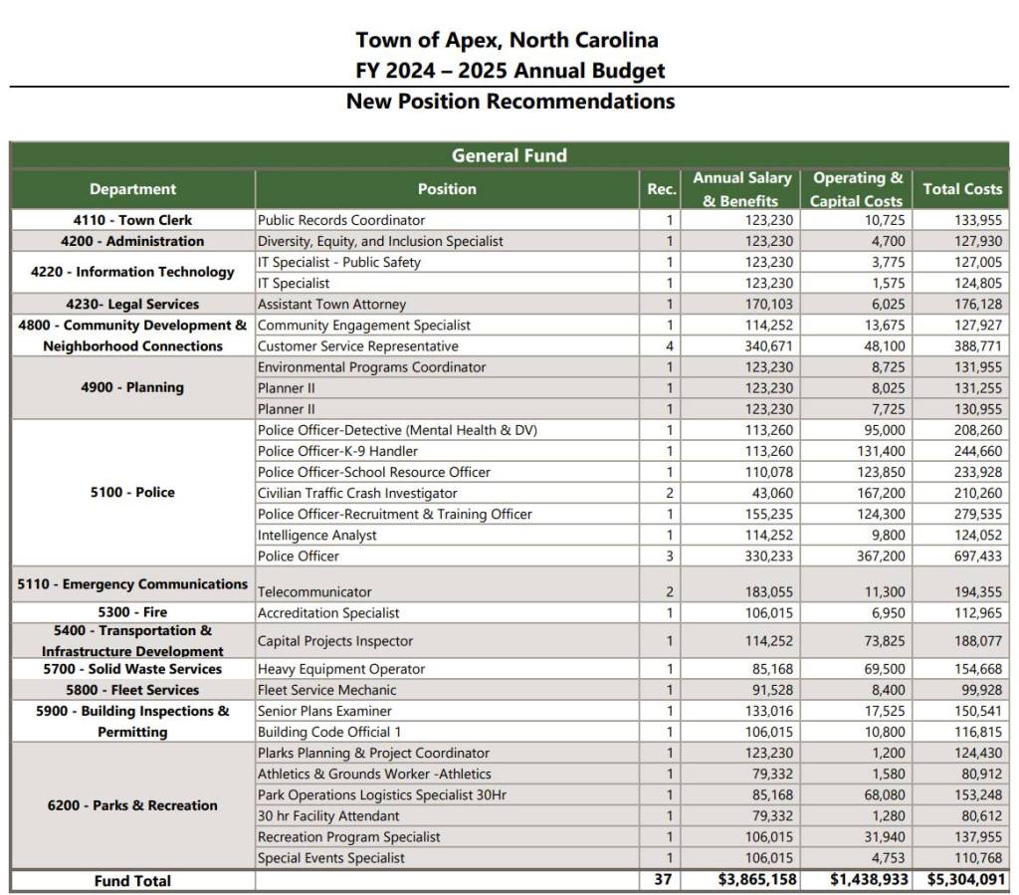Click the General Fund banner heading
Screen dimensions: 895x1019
(509, 155)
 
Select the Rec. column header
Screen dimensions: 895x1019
(662, 189)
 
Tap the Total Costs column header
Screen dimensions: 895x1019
(962, 189)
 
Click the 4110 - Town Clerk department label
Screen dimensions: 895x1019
(132, 220)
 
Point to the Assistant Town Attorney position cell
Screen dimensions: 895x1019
(331, 305)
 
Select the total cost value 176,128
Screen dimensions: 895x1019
(975, 305)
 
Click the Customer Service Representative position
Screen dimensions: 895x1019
(357, 346)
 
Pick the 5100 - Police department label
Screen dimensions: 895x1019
(132, 493)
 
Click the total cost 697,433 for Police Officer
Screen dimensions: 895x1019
(975, 557)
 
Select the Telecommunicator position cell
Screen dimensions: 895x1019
(314, 592)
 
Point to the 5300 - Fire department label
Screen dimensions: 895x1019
(132, 612)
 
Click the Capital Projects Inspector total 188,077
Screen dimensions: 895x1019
(975, 641)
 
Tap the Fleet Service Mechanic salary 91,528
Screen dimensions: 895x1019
(770, 690)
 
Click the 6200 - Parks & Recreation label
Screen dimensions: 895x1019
(132, 805)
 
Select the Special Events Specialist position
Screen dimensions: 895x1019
(330, 858)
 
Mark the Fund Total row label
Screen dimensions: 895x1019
(132, 881)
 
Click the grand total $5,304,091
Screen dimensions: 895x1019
(965, 881)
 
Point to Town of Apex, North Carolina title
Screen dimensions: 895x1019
(508, 41)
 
